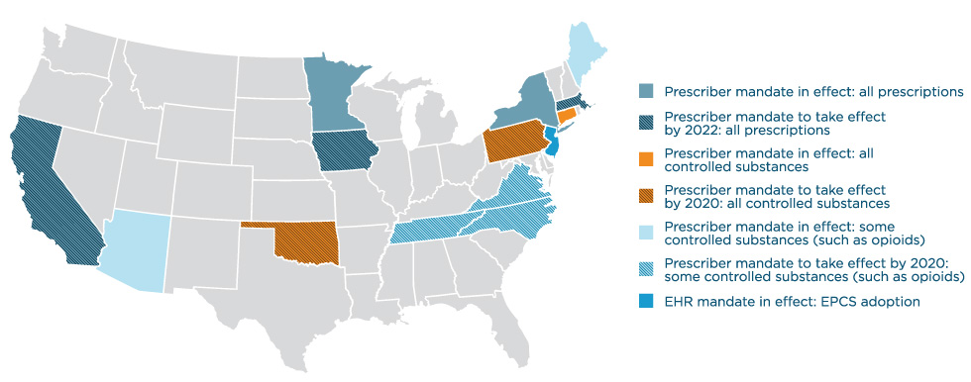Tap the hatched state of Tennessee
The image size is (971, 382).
tap(436, 230)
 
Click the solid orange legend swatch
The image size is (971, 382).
tap(644, 157)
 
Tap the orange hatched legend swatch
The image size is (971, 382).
tap(644, 192)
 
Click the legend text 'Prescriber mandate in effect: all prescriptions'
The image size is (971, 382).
tap(813, 90)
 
